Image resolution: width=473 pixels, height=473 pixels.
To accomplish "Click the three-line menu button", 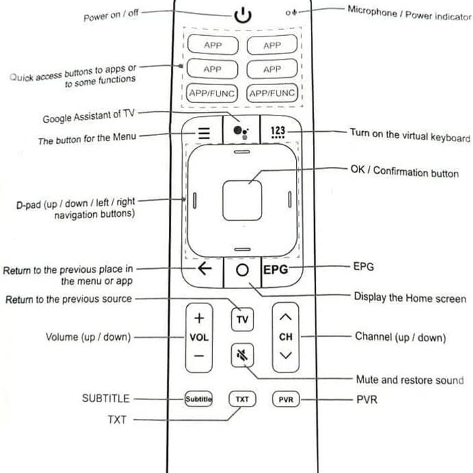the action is pyautogui.click(x=204, y=132).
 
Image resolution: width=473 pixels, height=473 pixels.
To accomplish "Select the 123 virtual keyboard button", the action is pyautogui.click(x=278, y=132).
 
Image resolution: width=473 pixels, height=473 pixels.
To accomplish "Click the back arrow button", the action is pyautogui.click(x=205, y=268).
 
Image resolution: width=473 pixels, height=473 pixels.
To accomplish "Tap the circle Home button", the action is pyautogui.click(x=242, y=270).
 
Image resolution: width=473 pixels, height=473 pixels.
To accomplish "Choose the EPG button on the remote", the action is pyautogui.click(x=276, y=270).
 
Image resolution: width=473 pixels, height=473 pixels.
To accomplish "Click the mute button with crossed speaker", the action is pyautogui.click(x=242, y=355).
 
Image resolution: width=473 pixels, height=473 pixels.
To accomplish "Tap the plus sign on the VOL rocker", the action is pyautogui.click(x=199, y=318).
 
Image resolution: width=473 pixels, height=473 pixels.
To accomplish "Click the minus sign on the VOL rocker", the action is pyautogui.click(x=199, y=356).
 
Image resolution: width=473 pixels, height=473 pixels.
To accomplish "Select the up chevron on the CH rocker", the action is pyautogui.click(x=285, y=317).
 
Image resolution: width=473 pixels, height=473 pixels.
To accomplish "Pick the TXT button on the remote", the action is pyautogui.click(x=242, y=399).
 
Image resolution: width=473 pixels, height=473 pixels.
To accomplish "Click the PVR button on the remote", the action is pyautogui.click(x=286, y=399).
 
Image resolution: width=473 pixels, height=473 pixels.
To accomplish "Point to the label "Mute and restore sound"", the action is pyautogui.click(x=410, y=380).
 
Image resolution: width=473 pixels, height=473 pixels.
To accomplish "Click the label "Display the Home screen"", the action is pyautogui.click(x=410, y=298).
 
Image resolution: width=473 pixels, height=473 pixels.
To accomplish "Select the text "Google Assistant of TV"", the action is pyautogui.click(x=89, y=116).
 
